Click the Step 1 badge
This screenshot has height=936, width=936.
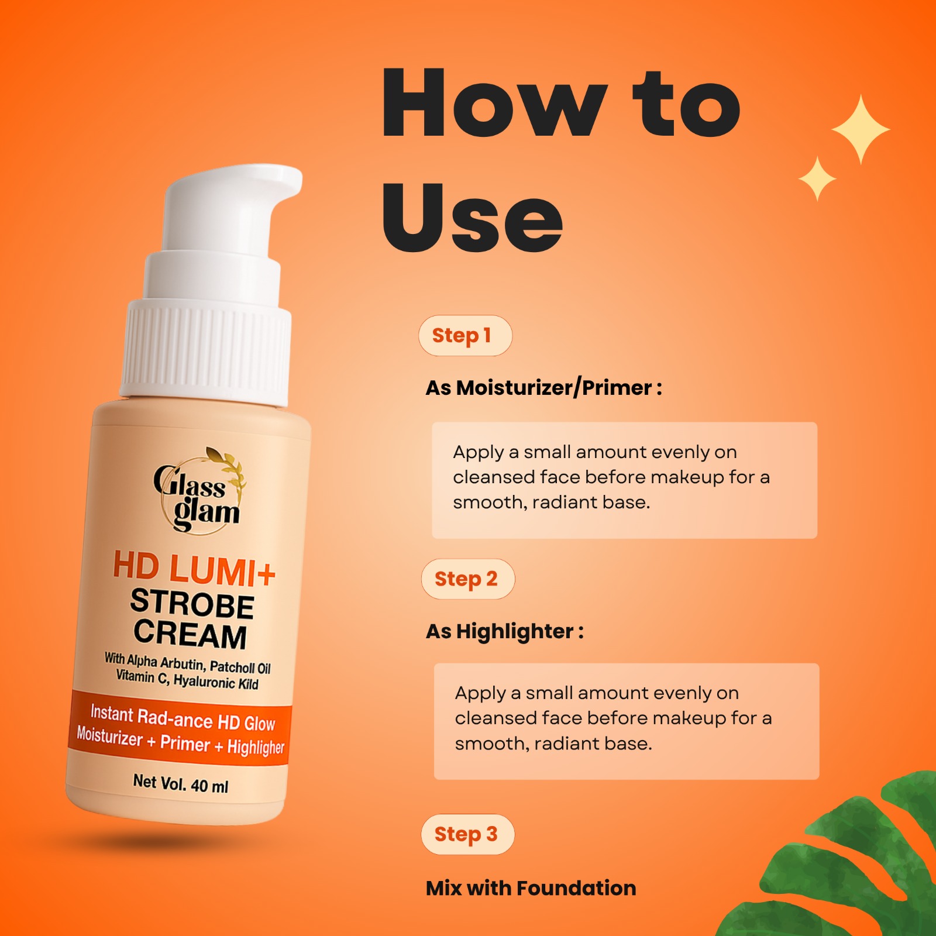[465, 336]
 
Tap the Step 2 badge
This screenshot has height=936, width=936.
[467, 579]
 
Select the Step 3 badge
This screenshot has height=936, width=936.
[467, 834]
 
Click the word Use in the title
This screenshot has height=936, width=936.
[472, 218]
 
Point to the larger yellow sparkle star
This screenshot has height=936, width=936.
[861, 129]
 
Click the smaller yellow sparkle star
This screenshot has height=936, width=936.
[817, 178]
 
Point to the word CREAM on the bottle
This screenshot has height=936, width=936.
[190, 634]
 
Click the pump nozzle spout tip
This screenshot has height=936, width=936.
[290, 179]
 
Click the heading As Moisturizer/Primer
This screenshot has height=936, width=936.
[543, 388]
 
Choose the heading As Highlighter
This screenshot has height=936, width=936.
[504, 632]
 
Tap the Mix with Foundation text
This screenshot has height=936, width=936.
[531, 888]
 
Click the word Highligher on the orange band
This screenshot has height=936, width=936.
[256, 747]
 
